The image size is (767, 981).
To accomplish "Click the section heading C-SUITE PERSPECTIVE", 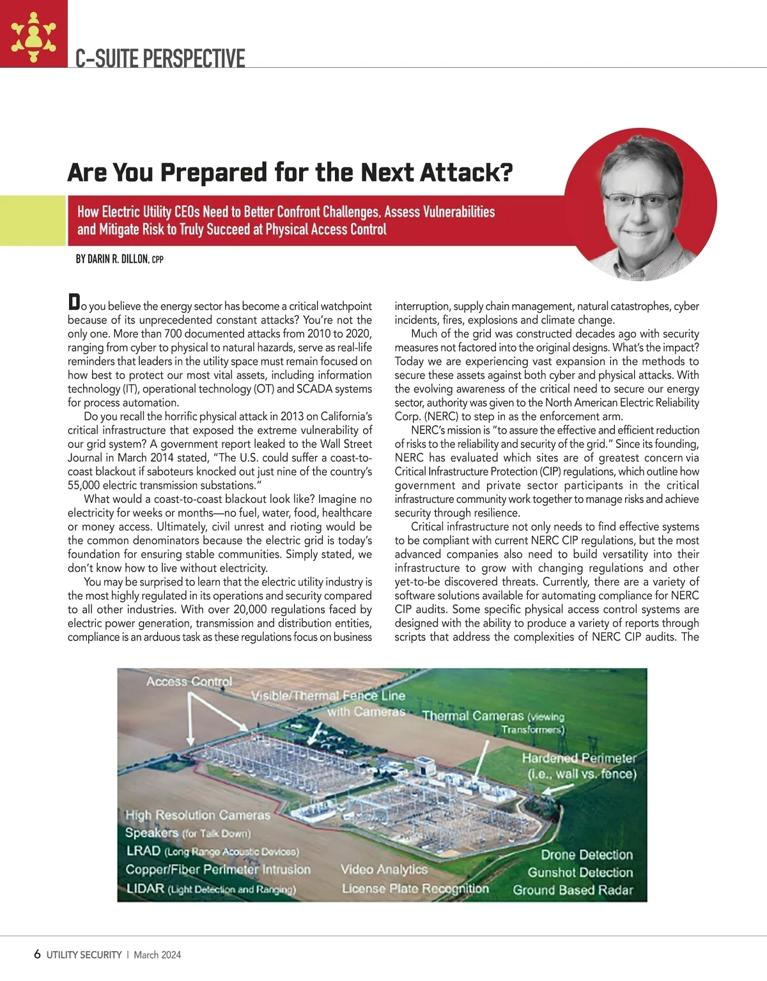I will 160,59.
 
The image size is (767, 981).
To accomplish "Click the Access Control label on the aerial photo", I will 189,681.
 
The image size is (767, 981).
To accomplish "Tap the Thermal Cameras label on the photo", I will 473,716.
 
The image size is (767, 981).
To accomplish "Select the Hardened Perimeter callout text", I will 579,766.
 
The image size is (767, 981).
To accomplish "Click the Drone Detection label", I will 586,854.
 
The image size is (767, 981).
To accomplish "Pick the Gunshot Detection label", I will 580,872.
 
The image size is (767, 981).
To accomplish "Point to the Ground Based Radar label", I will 573,890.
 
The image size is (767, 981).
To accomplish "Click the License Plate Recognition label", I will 415,888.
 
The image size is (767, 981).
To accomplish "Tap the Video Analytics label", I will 383,869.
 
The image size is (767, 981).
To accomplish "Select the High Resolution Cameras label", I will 198,815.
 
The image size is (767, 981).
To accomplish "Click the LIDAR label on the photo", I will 146,888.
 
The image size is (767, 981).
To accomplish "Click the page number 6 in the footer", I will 37,954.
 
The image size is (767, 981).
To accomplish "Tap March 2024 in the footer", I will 157,955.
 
